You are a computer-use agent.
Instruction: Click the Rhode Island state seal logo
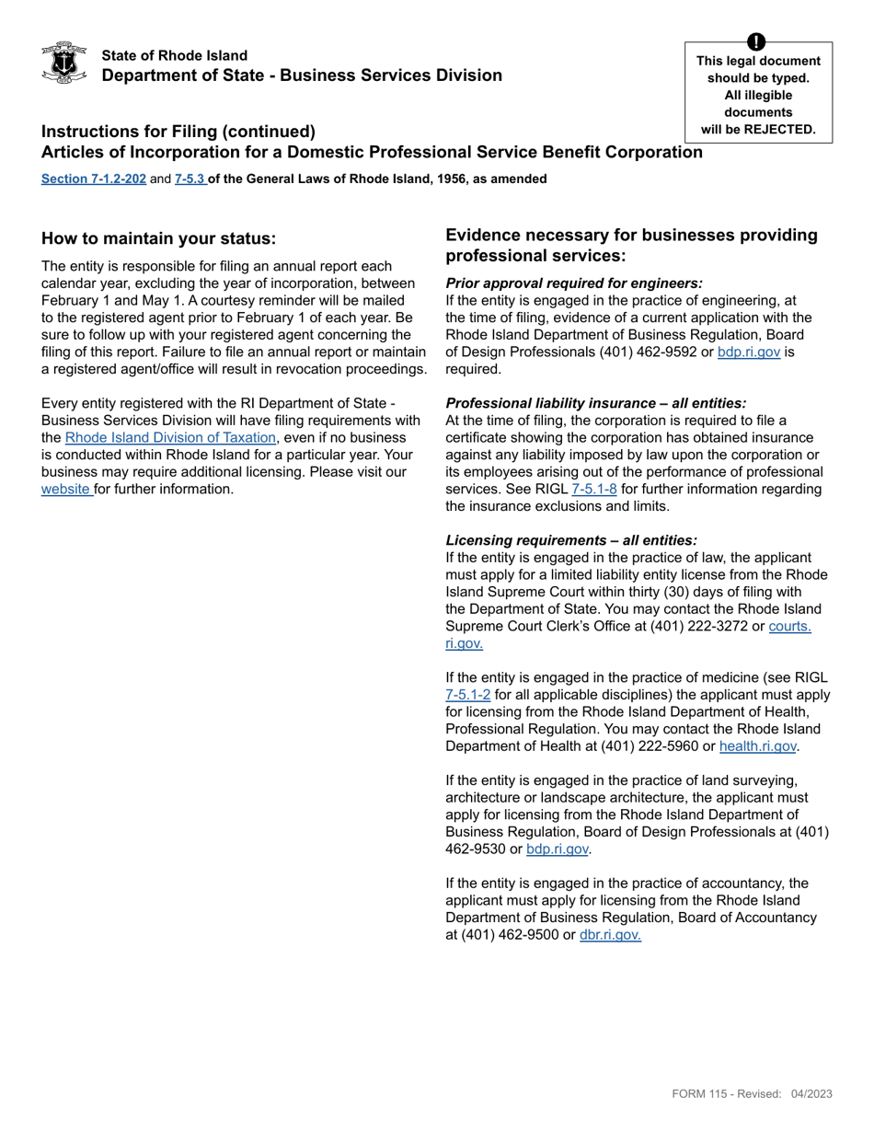point(64,64)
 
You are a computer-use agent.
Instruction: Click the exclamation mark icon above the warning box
point(755,42)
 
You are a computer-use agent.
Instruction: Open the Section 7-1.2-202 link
point(93,179)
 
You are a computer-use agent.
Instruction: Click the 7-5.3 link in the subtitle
point(190,179)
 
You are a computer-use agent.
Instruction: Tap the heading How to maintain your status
point(158,239)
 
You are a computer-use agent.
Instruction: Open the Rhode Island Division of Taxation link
point(170,438)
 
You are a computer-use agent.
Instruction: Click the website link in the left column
point(66,490)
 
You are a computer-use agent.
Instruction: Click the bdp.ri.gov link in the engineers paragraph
point(748,352)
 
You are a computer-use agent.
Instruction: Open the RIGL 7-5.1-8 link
point(594,490)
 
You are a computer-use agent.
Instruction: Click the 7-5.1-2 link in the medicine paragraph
point(467,696)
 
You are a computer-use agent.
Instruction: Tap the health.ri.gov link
point(757,747)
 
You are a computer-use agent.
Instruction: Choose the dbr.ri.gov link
point(609,935)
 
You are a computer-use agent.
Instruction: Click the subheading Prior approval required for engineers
point(573,283)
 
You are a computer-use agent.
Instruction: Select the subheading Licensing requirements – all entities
point(570,541)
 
